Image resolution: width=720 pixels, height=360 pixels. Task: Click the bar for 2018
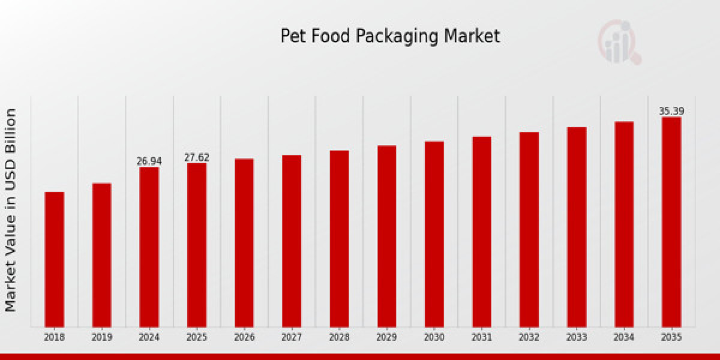[x=54, y=259]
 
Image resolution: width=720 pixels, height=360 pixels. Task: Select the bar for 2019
[x=101, y=255]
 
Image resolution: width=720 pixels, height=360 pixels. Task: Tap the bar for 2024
[x=149, y=247]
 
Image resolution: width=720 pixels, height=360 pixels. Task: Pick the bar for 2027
[x=292, y=241]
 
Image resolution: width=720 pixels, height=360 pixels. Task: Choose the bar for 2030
[x=434, y=234]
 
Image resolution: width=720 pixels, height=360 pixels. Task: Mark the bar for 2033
[x=577, y=227]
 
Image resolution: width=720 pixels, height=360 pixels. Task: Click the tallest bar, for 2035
[x=671, y=222]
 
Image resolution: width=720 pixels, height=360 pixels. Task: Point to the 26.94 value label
[x=149, y=161]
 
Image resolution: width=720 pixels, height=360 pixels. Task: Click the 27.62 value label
[x=197, y=158]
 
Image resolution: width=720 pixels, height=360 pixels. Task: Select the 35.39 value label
[x=671, y=111]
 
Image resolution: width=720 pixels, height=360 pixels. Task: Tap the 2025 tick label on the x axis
[x=197, y=338]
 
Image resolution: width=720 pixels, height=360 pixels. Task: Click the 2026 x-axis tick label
[x=244, y=338]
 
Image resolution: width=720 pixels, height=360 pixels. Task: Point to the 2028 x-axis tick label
[x=339, y=338]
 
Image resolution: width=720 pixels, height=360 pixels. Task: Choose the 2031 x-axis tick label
[x=481, y=338]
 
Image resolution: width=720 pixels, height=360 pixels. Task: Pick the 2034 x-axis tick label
[x=624, y=338]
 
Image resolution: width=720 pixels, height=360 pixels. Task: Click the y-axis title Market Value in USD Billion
[x=11, y=210]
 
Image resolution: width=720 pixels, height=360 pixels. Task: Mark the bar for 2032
[x=529, y=229]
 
